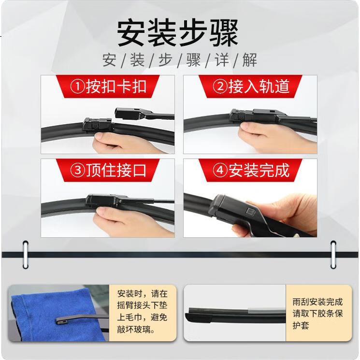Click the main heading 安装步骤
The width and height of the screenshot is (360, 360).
177,33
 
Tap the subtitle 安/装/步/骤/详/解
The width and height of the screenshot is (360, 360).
179,60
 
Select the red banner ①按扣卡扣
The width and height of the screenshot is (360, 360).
108,86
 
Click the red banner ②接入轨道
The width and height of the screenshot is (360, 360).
250,86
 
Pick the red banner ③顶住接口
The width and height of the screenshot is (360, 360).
108,170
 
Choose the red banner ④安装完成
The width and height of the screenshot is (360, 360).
250,170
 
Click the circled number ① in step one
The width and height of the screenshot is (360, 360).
78,87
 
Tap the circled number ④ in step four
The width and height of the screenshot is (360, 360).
220,171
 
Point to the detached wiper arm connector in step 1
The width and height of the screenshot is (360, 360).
144,114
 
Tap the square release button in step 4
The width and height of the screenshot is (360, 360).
249,211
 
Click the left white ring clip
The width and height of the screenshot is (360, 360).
26,254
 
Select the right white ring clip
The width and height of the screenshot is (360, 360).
333,254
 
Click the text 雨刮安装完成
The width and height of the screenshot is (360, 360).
317,302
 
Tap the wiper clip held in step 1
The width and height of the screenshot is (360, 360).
97,126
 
